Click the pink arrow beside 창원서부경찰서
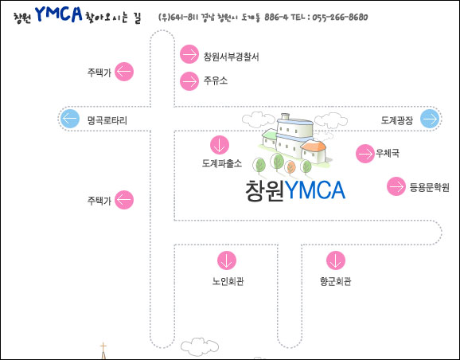[x=189, y=54]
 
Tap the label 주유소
[x=216, y=80]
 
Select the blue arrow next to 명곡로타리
[x=70, y=119]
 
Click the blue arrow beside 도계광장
[x=430, y=119]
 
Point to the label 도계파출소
[x=222, y=163]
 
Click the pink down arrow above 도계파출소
[x=220, y=145]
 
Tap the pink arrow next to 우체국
[x=365, y=154]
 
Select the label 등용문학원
[x=429, y=187]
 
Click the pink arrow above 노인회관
[x=227, y=260]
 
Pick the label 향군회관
[x=335, y=281]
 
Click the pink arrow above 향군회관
[x=336, y=260]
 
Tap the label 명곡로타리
[x=107, y=120]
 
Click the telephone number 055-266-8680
[x=340, y=17]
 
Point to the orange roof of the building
[x=314, y=145]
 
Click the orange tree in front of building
[x=290, y=166]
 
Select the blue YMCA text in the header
[x=59, y=14]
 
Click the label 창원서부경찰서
[x=231, y=57]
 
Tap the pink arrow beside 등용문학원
[x=396, y=186]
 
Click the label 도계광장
[x=396, y=120]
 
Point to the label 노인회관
[x=228, y=281]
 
